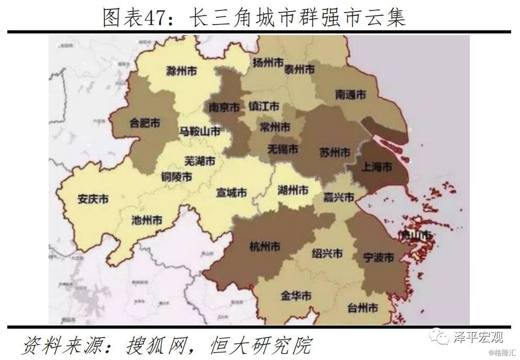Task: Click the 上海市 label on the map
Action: pyautogui.click(x=377, y=167)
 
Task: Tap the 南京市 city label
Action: pyautogui.click(x=224, y=107)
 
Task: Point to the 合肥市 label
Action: pyautogui.click(x=144, y=123)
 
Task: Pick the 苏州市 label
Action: pyautogui.click(x=334, y=153)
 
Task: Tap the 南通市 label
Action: pyautogui.click(x=350, y=95)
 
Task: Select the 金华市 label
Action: pyautogui.click(x=296, y=296)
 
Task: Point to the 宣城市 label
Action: pyautogui.click(x=231, y=192)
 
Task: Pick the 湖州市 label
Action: pyautogui.click(x=293, y=189)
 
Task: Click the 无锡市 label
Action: pyautogui.click(x=283, y=149)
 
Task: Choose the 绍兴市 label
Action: pyautogui.click(x=327, y=253)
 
